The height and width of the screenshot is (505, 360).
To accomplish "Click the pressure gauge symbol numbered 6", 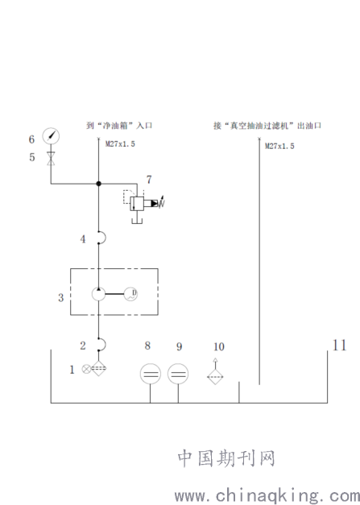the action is pyautogui.click(x=51, y=136).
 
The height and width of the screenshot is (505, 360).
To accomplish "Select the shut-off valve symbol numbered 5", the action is pyautogui.click(x=51, y=159).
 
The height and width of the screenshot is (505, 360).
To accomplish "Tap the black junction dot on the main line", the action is pyautogui.click(x=98, y=184).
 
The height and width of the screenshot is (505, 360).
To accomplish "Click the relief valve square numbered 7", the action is pyautogui.click(x=137, y=204).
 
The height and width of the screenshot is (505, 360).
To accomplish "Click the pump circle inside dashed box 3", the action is pyautogui.click(x=98, y=294).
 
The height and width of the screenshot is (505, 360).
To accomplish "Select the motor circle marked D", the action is pyautogui.click(x=130, y=294).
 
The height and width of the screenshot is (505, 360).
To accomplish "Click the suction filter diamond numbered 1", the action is pyautogui.click(x=98, y=368).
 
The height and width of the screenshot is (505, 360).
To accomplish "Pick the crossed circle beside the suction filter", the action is pyautogui.click(x=86, y=369).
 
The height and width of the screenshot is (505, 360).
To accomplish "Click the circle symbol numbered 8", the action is pyautogui.click(x=151, y=374).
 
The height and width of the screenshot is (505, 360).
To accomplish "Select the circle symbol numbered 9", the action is pyautogui.click(x=178, y=374).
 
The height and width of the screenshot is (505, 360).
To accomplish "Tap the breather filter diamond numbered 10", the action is pyautogui.click(x=215, y=377).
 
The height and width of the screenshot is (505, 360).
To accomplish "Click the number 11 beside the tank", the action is pyautogui.click(x=339, y=346).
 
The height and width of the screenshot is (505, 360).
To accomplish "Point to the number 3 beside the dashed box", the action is pyautogui.click(x=61, y=297).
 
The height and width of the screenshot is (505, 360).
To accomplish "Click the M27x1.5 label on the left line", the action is pyautogui.click(x=120, y=144).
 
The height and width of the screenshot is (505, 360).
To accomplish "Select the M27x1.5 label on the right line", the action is pyautogui.click(x=279, y=147).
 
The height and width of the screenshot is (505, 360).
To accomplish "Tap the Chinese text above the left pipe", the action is pyautogui.click(x=119, y=126).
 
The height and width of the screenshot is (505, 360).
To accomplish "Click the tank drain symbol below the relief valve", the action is pyautogui.click(x=137, y=221).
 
